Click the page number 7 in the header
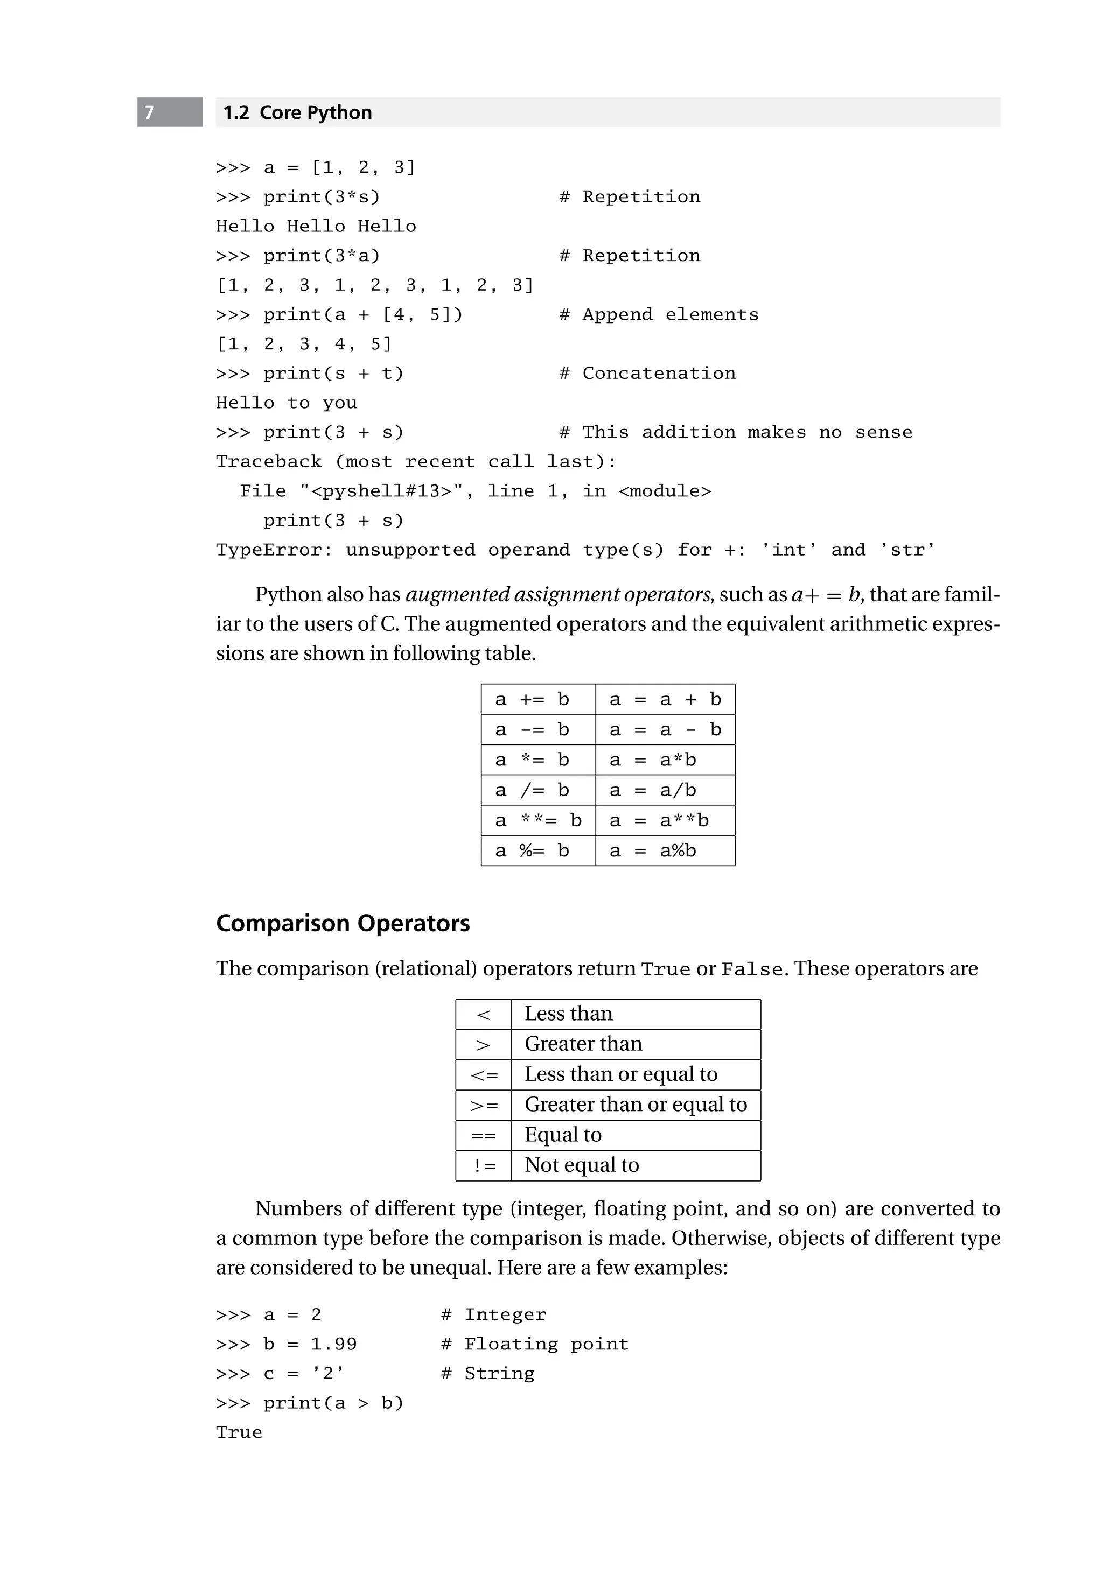click(x=150, y=112)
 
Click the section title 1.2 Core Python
click(x=297, y=112)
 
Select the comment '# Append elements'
click(x=659, y=314)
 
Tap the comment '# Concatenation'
click(x=647, y=373)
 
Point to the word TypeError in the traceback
click(x=273, y=550)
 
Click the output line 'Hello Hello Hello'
click(x=316, y=227)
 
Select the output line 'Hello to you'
click(x=286, y=403)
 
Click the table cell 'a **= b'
click(x=538, y=820)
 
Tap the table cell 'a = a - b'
click(x=665, y=730)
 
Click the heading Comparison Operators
click(x=343, y=923)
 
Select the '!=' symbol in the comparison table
click(x=484, y=1165)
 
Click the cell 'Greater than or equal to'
click(x=635, y=1105)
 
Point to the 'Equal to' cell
click(x=563, y=1135)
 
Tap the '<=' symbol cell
click(x=484, y=1075)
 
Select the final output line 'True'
click(x=239, y=1432)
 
